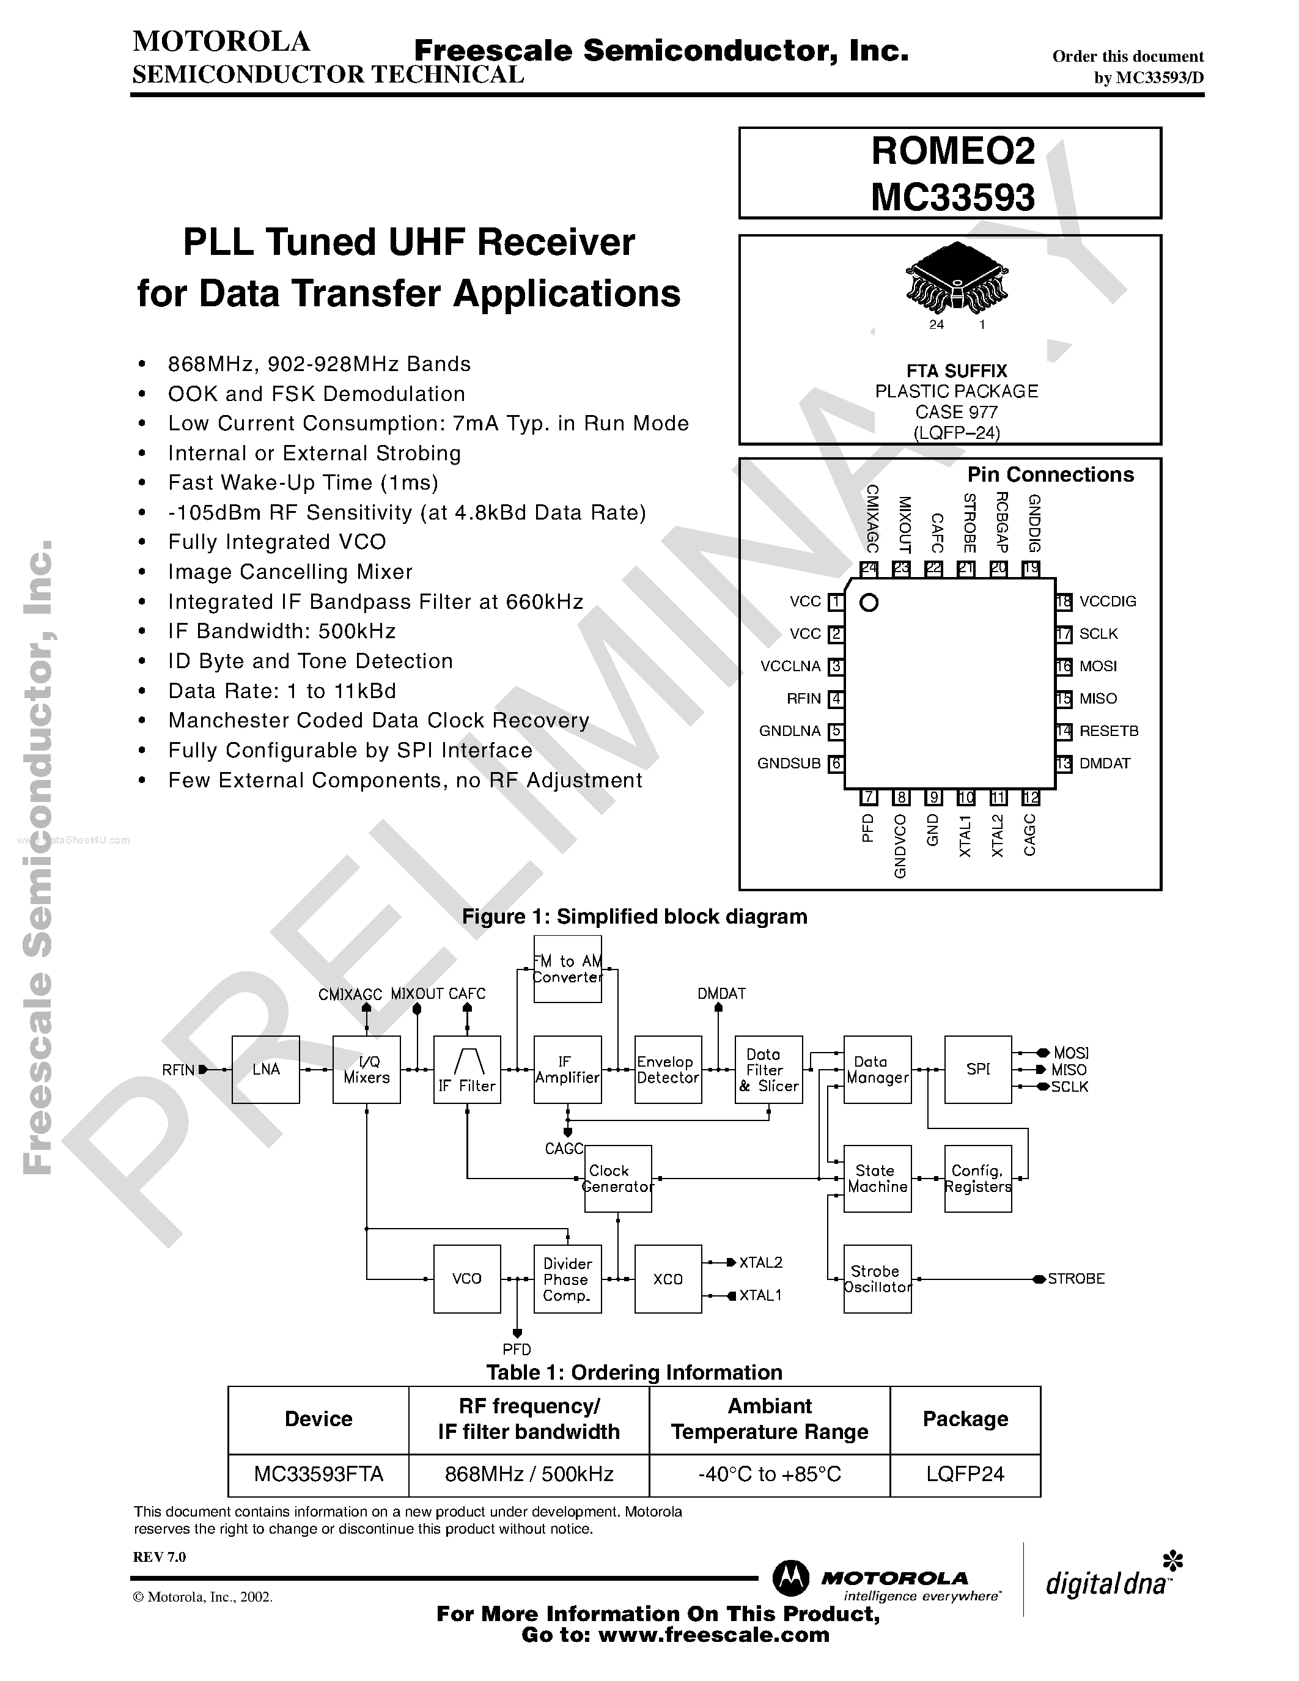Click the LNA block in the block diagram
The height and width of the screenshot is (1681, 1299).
coord(265,1069)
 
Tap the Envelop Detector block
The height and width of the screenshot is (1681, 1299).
coord(667,1070)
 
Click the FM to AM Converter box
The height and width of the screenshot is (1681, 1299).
coord(567,969)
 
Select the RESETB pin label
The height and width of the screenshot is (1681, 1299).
coord(1108,730)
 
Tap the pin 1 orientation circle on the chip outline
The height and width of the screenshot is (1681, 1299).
coord(869,603)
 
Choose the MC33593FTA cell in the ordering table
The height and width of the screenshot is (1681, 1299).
coord(318,1473)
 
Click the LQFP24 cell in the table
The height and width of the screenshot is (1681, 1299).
coord(965,1473)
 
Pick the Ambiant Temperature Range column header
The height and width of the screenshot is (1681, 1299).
coord(769,1419)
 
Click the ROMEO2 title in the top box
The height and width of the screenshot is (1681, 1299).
coord(953,152)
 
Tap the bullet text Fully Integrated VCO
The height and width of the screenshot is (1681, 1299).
coord(277,542)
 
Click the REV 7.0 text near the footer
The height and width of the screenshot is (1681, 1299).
coord(160,1556)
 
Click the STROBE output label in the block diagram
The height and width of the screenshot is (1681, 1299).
coord(1075,1278)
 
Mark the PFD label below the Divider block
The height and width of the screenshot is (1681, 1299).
coord(517,1348)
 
